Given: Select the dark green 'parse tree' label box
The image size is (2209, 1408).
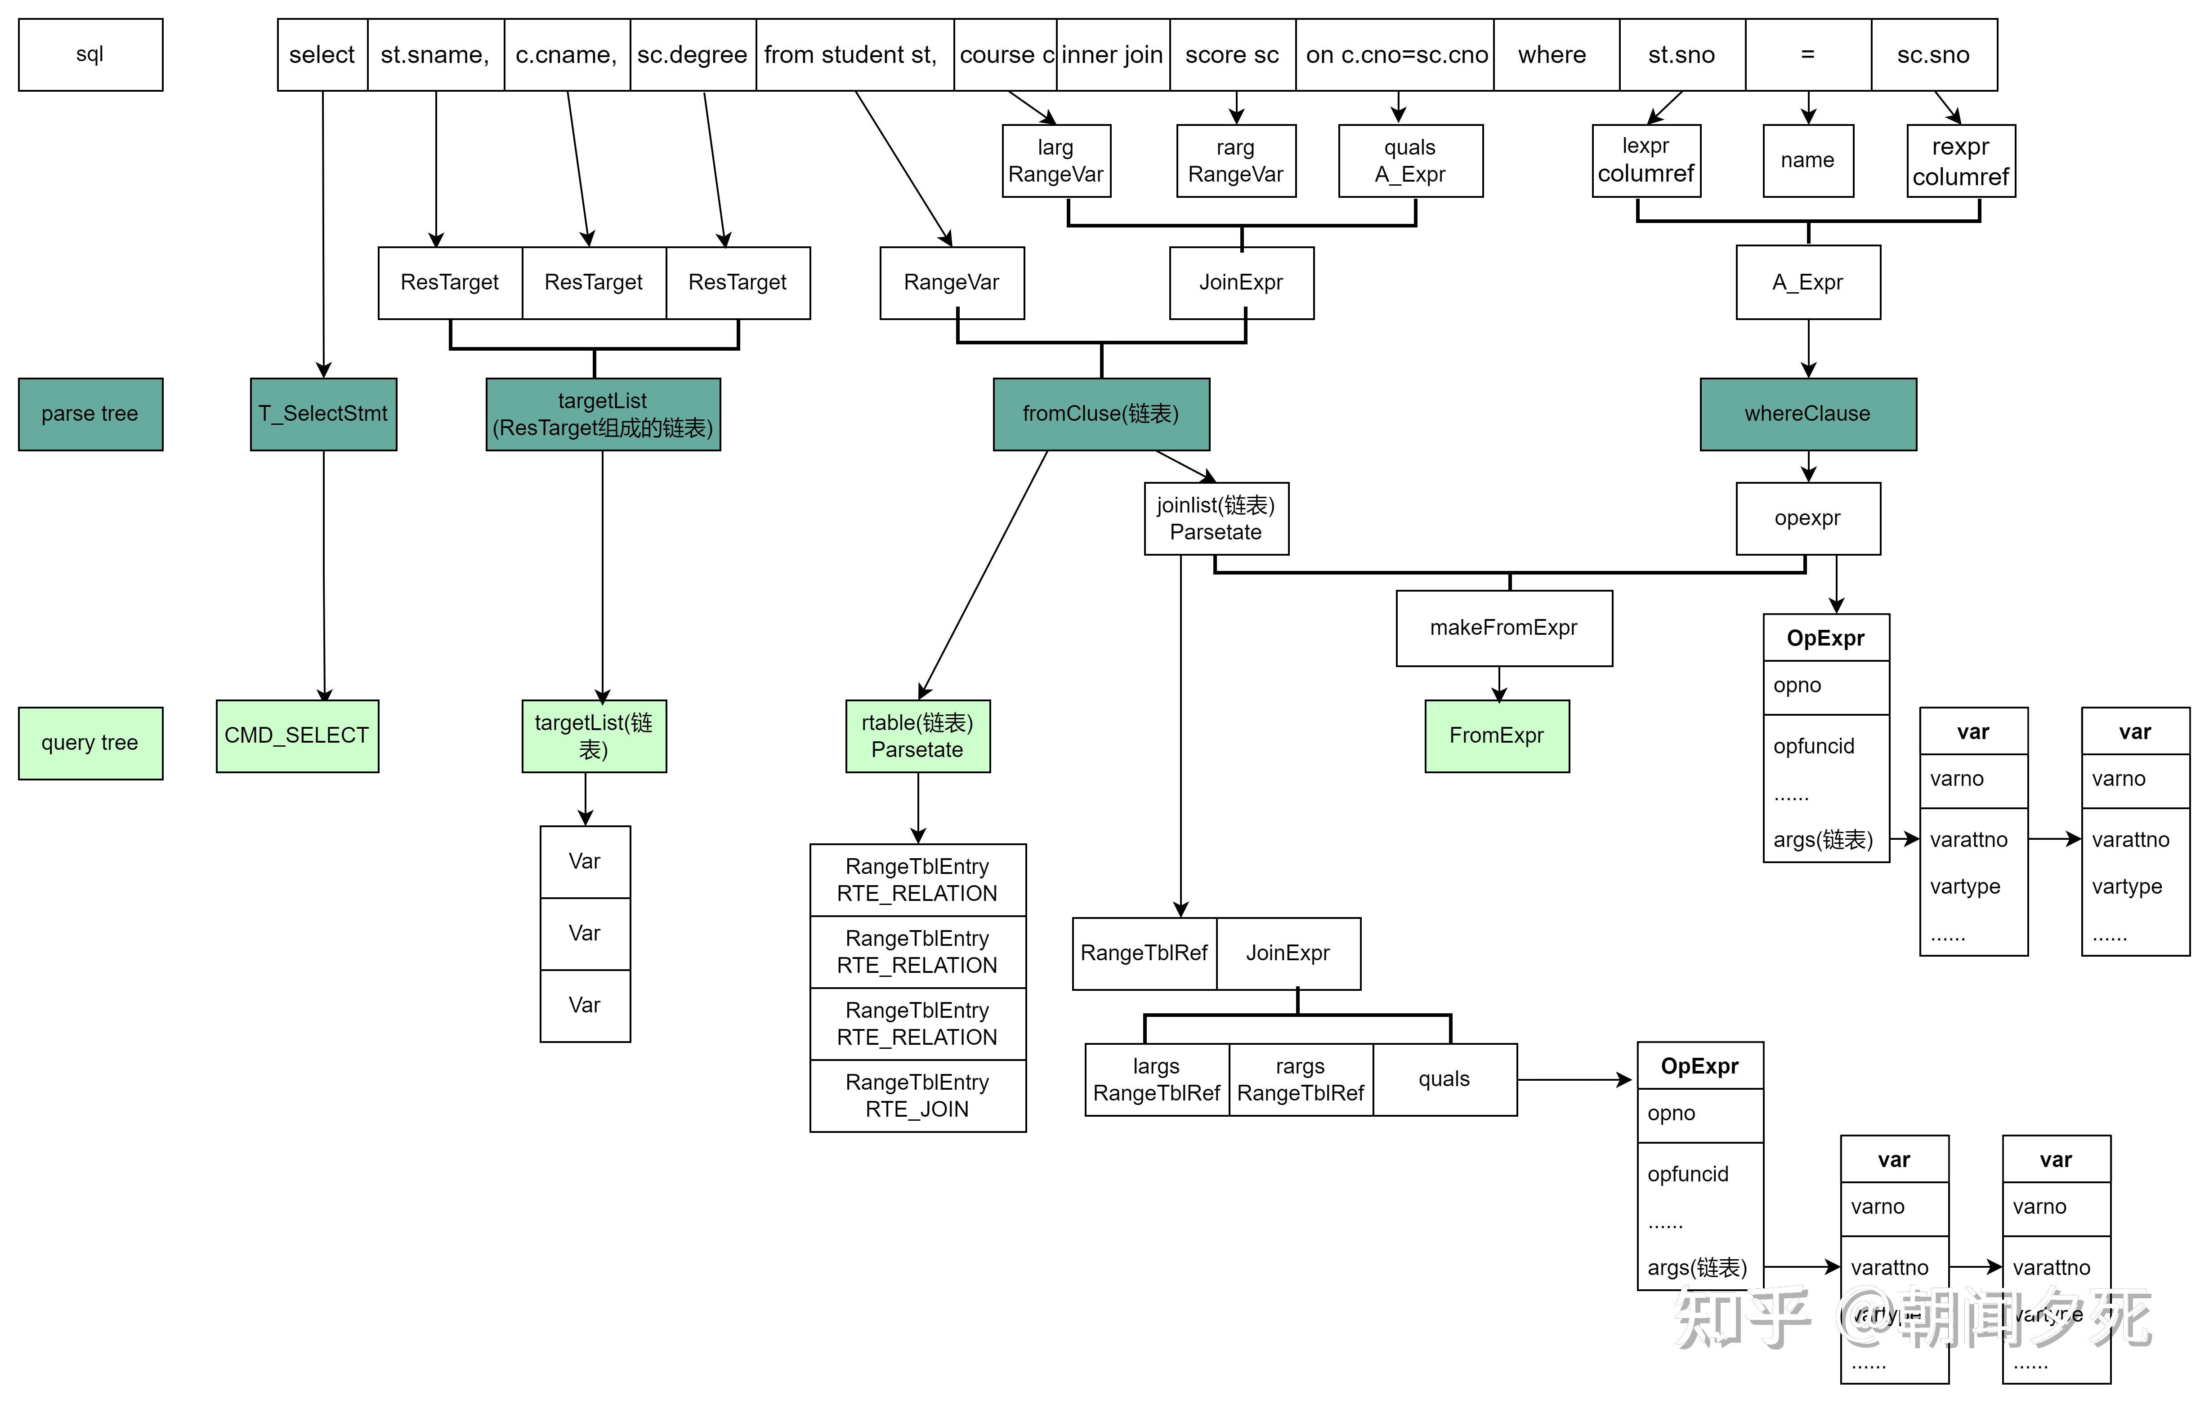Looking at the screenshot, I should (90, 414).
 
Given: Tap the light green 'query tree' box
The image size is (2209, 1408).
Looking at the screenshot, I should (90, 743).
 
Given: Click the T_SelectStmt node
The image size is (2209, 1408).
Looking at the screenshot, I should (323, 414).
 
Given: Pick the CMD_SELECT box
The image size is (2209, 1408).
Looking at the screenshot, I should (297, 735).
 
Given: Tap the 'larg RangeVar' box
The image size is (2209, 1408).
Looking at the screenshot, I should (1056, 160).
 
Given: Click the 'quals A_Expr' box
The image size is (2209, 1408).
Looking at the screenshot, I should (1410, 160).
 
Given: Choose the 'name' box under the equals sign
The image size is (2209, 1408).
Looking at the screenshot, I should (1807, 160).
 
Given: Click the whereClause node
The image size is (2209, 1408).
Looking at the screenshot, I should (1807, 414).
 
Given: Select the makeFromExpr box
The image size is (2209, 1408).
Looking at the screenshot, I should (1503, 628).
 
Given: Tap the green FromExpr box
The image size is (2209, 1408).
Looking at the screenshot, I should (1496, 735).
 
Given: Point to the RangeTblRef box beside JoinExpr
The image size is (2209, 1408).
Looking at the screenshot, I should (1144, 953).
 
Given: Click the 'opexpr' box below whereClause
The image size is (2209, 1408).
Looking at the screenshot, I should (1807, 518).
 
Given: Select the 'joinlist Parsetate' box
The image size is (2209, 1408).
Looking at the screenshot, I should (1216, 518).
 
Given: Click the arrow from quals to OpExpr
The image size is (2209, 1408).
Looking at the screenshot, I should (1573, 1080).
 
